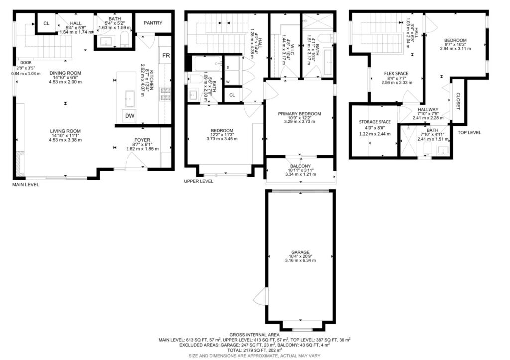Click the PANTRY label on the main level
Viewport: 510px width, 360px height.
click(153, 23)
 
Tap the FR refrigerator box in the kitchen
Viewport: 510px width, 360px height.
click(166, 56)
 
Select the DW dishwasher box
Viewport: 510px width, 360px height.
click(130, 116)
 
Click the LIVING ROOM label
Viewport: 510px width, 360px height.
click(65, 131)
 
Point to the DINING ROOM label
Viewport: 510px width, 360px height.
click(65, 73)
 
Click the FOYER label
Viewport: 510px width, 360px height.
click(142, 140)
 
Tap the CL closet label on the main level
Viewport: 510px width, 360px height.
click(46, 23)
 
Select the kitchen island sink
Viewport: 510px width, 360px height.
click(130, 99)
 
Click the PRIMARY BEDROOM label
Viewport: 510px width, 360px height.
click(299, 114)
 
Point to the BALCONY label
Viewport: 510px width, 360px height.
click(300, 166)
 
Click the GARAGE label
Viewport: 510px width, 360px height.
click(300, 252)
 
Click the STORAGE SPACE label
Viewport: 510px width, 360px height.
click(375, 122)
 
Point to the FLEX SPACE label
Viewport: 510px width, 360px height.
click(396, 74)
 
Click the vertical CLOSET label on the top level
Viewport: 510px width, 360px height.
click(458, 101)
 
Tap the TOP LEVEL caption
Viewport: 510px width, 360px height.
click(469, 132)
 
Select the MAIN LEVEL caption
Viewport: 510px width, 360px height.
click(26, 185)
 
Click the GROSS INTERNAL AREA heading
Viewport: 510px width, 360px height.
click(255, 335)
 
